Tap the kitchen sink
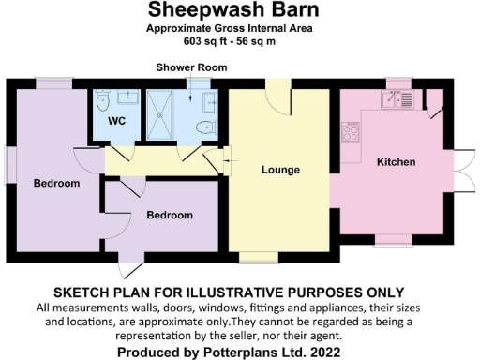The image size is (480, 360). (x=400, y=97)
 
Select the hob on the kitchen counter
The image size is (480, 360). (x=352, y=131)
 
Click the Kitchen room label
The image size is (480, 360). (x=395, y=162)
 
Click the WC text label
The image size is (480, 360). (x=117, y=122)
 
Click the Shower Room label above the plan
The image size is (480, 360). (x=187, y=68)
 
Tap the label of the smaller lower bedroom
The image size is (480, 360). (x=170, y=215)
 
